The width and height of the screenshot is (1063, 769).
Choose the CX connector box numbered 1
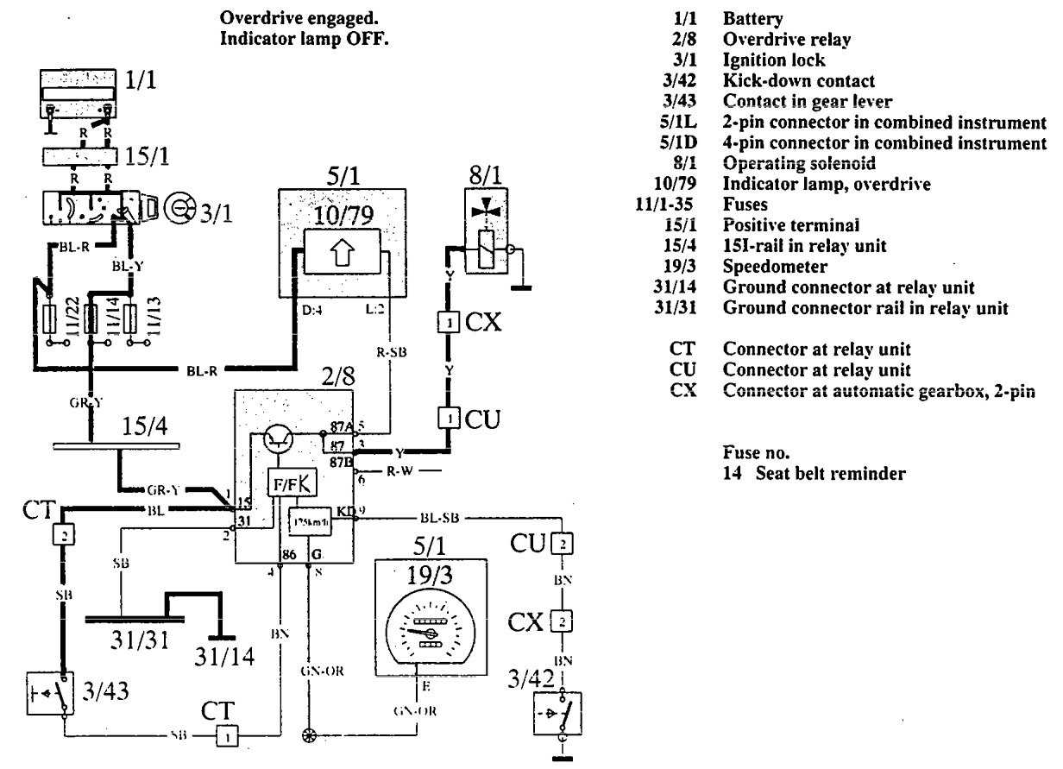tap(449, 324)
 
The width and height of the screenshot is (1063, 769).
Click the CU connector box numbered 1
tap(449, 419)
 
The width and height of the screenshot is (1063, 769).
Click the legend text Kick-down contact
tap(786, 80)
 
